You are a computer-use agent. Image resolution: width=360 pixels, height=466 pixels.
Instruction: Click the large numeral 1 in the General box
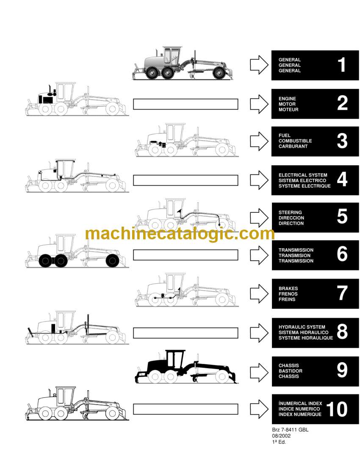tap(342, 65)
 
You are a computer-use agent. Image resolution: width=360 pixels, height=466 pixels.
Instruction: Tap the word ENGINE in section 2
tap(287, 99)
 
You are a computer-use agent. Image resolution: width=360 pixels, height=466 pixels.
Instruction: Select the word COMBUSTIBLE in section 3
tap(295, 141)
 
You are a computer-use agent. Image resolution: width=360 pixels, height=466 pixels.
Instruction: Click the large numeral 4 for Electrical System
tap(342, 179)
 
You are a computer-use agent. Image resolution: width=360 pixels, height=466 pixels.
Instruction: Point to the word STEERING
tap(290, 213)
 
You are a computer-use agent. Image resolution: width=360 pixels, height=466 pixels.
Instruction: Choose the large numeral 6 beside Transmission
tap(342, 254)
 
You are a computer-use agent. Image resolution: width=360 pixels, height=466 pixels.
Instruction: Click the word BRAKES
tap(288, 288)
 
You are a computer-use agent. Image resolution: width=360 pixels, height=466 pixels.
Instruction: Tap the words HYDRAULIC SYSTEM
tap(302, 327)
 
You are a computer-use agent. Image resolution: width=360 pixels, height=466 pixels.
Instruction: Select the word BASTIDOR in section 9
tap(291, 371)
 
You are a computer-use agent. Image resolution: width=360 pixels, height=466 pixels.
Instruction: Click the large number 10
tap(337, 409)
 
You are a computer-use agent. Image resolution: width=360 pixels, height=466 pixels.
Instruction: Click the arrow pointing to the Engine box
tap(259, 104)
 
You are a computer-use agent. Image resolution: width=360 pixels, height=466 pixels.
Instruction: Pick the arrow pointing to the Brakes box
tap(259, 294)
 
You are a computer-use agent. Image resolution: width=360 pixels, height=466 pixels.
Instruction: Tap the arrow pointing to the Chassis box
tap(259, 372)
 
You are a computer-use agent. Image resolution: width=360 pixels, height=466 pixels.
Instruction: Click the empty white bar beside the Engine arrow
tap(186, 104)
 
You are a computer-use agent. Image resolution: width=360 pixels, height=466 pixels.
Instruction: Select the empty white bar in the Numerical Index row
tap(186, 409)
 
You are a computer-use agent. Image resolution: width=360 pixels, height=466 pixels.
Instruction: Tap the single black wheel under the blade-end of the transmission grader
tap(113, 261)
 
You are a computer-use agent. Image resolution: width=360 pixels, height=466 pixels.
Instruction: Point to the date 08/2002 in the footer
tap(281, 435)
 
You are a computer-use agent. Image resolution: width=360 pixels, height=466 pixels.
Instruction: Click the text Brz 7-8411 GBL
tap(290, 430)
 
